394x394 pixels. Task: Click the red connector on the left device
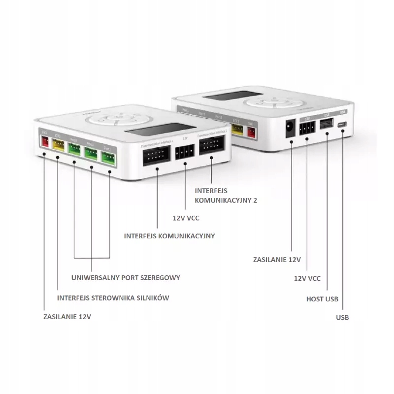45,142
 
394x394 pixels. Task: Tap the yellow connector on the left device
58,145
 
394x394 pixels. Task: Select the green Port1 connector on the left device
108,157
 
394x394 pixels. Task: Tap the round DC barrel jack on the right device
291,129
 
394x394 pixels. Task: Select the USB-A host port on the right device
326,126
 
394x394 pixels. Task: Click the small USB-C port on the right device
342,125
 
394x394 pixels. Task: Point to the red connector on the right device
252,132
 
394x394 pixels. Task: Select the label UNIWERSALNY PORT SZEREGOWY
126,278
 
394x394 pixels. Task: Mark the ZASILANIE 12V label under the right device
276,259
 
